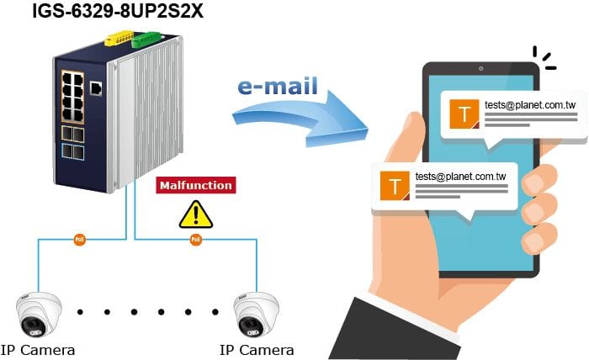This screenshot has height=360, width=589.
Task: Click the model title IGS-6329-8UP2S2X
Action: [118, 11]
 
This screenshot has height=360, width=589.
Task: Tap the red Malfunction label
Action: [196, 185]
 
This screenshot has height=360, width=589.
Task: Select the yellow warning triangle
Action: [196, 215]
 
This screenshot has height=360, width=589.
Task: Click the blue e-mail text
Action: [278, 86]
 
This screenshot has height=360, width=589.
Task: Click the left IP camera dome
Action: [39, 315]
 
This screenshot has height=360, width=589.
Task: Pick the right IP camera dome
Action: [257, 315]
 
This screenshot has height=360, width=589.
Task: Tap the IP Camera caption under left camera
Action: [38, 350]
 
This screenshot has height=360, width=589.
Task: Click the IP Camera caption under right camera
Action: [257, 350]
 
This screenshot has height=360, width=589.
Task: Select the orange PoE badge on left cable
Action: [80, 240]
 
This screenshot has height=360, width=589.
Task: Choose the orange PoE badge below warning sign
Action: [196, 240]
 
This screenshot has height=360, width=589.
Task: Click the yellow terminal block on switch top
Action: [119, 39]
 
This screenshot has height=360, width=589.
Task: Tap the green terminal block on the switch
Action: [146, 40]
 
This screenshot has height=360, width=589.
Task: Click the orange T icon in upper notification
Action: [464, 114]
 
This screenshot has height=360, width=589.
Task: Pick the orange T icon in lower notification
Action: [395, 186]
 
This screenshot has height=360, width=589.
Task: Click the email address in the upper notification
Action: [530, 105]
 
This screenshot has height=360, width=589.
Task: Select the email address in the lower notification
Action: [460, 177]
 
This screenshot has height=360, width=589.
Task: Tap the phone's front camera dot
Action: [480, 69]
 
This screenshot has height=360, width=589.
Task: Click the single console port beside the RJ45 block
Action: [96, 88]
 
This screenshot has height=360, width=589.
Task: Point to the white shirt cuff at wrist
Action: [407, 314]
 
